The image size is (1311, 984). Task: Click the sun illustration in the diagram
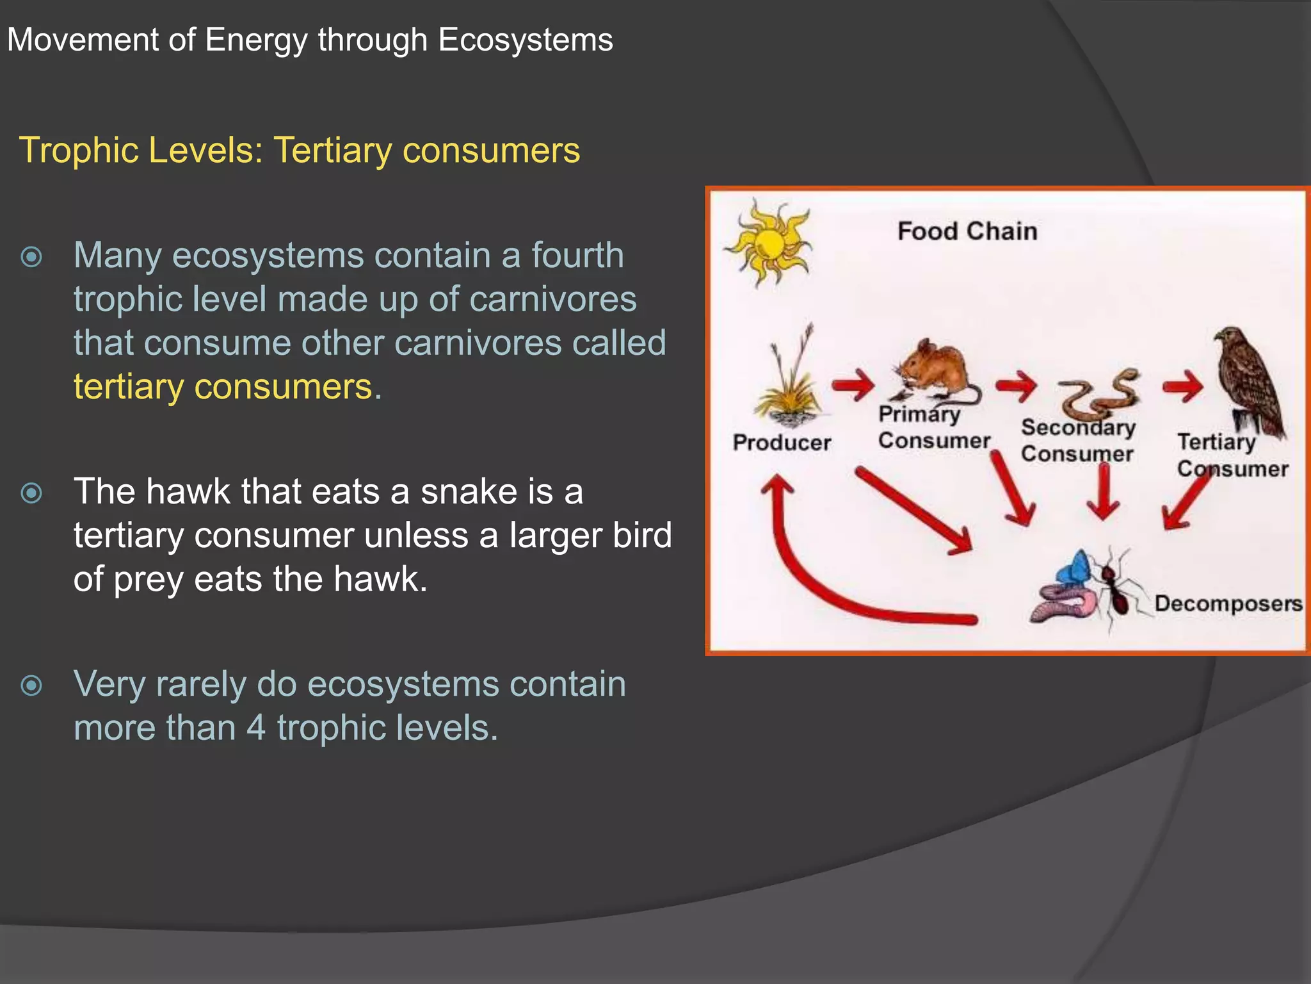[768, 243]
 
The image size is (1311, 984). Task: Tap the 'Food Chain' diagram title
[967, 231]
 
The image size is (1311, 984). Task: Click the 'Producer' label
[782, 443]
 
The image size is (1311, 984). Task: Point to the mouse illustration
[935, 375]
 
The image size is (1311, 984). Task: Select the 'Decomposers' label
[1228, 603]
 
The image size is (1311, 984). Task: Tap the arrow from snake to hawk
[1183, 387]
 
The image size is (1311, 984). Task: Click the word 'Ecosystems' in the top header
[526, 40]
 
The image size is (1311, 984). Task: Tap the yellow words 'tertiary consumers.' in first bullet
[227, 387]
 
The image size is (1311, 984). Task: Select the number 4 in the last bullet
[255, 728]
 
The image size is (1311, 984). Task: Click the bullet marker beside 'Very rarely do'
[31, 686]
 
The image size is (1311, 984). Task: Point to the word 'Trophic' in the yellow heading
[78, 151]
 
